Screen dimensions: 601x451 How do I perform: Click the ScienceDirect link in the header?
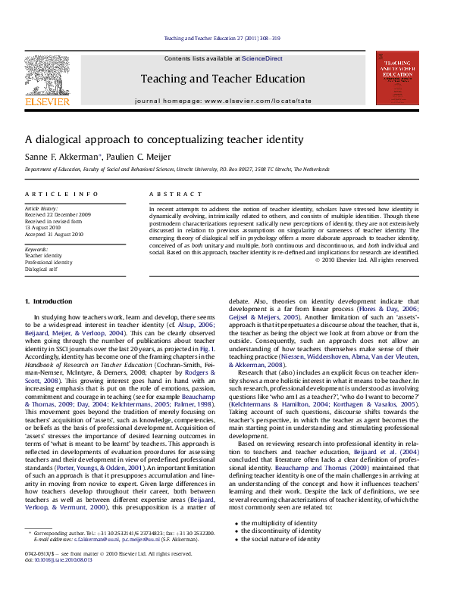coord(262,58)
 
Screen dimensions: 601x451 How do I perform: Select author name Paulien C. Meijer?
coord(127,157)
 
